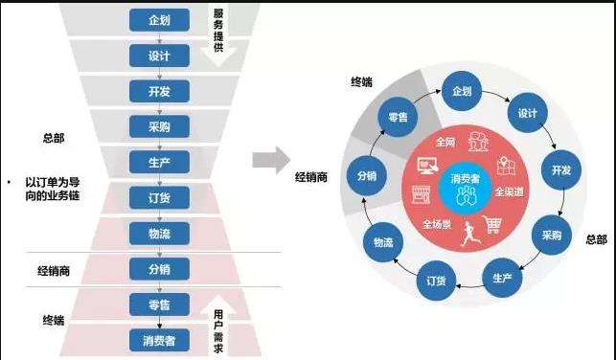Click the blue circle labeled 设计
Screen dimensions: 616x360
(526, 113)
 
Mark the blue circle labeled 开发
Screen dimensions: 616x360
(561, 170)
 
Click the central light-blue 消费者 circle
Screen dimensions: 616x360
(463, 183)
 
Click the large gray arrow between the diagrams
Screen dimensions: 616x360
(271, 160)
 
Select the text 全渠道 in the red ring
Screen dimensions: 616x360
(509, 191)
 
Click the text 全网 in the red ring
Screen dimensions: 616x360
(445, 142)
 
